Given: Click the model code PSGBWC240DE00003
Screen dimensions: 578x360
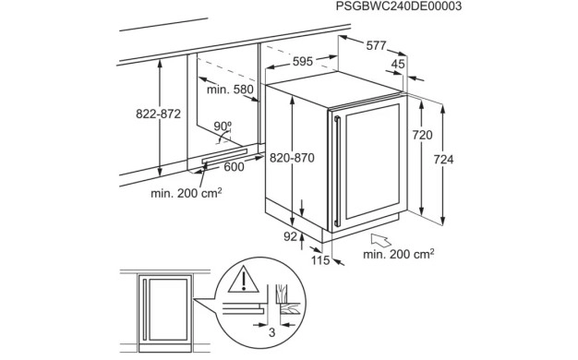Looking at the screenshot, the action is point(399,6).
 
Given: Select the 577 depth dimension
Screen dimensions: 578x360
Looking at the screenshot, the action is point(376,45).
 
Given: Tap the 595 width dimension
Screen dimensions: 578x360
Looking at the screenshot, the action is point(303,61).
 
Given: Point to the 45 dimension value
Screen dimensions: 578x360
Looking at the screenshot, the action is point(398,64).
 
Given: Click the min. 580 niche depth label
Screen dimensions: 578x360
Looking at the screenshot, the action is point(230,90).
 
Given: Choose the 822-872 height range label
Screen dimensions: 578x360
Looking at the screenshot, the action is point(158,114).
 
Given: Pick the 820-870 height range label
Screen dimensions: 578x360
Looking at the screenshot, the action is point(292,158).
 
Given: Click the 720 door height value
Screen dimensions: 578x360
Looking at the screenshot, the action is point(422,135).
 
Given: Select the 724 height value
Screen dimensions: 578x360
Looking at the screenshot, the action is point(443,159).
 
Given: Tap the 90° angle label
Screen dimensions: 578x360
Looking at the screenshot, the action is point(223,126).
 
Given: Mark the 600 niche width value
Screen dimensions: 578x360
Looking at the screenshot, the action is point(235,167).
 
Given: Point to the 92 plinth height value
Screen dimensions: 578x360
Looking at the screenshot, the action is point(290,236).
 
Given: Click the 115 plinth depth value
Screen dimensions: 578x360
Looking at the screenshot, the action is point(320,260).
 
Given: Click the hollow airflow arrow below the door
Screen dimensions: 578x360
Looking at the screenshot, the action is point(381,240).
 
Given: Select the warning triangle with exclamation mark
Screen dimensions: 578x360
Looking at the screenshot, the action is point(243,280).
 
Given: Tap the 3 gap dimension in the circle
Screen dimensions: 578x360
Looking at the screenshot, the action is point(271,332).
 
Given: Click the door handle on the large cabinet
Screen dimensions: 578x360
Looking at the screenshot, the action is point(337,171).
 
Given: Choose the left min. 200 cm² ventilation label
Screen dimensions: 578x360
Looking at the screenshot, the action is point(187,193).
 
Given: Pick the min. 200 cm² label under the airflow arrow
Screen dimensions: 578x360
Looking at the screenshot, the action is point(399,254).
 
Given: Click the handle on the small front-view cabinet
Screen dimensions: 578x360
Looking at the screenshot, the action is point(145,309).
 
